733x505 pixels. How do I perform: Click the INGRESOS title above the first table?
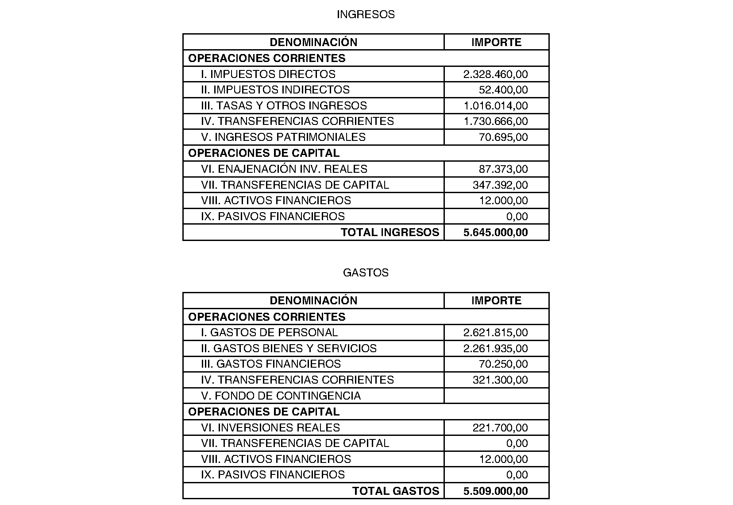coord(366,15)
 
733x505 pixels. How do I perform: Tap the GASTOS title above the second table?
coord(366,273)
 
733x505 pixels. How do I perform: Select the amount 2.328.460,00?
coord(495,74)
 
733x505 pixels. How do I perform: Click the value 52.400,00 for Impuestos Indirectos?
coord(503,90)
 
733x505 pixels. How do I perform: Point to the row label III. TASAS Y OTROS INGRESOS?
coord(284,106)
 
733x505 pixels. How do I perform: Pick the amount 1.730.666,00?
coord(495,121)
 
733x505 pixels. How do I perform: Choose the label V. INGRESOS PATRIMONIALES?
coord(283,137)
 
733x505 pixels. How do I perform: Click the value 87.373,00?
coord(503,169)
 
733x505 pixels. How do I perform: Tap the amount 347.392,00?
coord(500,185)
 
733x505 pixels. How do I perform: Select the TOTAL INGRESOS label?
coord(390,233)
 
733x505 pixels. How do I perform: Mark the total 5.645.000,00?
coord(495,233)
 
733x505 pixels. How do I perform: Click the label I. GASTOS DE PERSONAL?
coord(269,333)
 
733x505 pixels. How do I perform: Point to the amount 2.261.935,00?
coord(495,349)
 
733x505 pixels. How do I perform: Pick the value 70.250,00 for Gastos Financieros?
coord(503,364)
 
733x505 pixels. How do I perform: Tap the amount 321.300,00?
coord(500,380)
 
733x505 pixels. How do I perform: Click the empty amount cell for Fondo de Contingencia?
coord(496,396)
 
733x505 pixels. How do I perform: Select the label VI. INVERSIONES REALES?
coord(270,428)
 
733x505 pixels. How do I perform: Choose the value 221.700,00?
coord(500,428)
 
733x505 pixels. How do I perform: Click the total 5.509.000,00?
coord(495,491)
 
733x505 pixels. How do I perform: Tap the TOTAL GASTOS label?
coord(396,491)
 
